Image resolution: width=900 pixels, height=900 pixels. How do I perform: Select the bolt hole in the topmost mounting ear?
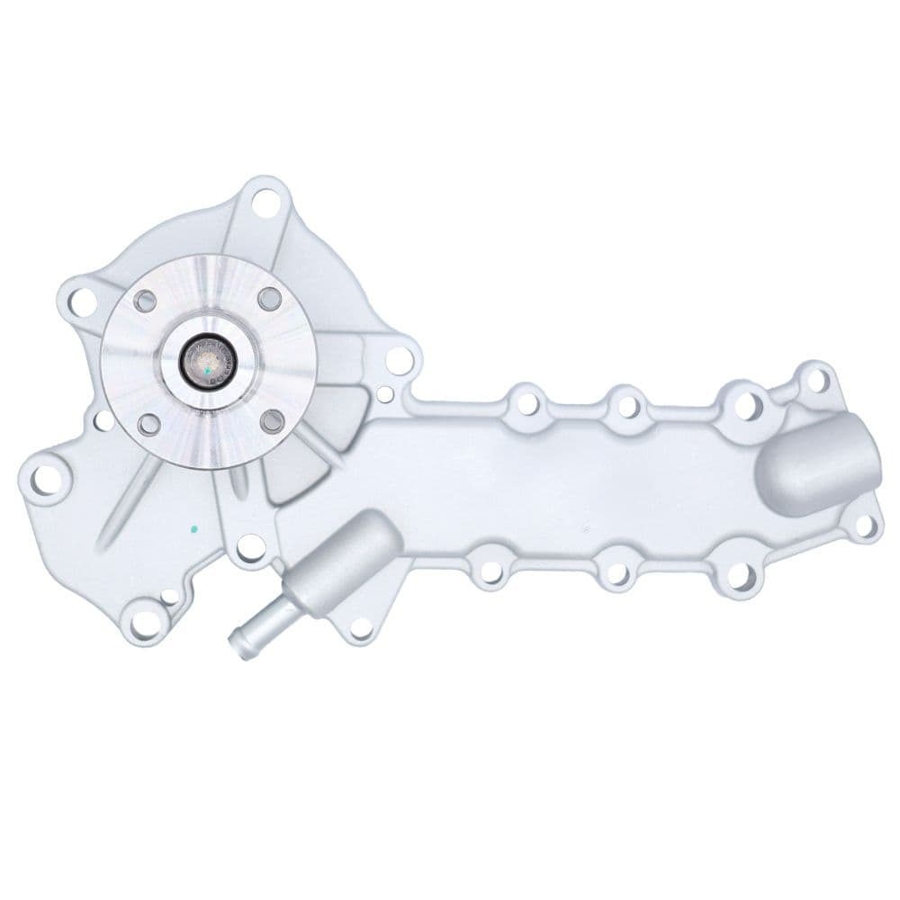pyautogui.click(x=265, y=202)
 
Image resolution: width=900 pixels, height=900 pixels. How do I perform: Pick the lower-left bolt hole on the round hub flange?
pyautogui.click(x=149, y=424)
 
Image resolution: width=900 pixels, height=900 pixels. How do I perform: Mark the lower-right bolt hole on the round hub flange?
pyautogui.click(x=271, y=420)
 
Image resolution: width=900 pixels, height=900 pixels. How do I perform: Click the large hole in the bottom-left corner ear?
pyautogui.click(x=143, y=620)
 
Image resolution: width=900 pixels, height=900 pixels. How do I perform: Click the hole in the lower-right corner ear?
pyautogui.click(x=865, y=526)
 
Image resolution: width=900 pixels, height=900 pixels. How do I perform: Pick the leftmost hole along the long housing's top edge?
pyautogui.click(x=526, y=402)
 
